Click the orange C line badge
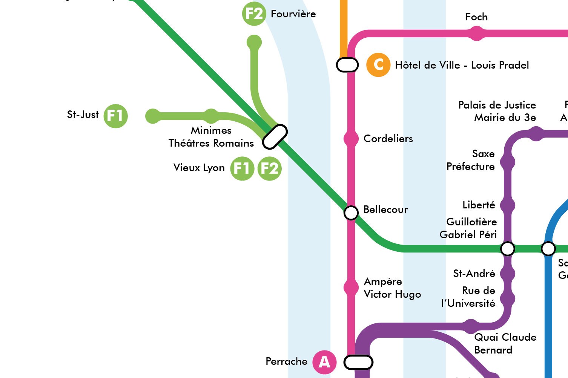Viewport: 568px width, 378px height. [378, 65]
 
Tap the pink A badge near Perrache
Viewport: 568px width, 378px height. [324, 362]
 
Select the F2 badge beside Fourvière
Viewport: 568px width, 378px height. [254, 14]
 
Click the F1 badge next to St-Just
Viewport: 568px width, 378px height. [115, 116]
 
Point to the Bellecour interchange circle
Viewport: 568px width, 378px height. [351, 213]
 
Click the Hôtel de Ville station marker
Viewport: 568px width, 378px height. [347, 65]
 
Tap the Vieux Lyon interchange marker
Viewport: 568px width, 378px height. [275, 137]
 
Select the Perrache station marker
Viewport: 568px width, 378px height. [358, 362]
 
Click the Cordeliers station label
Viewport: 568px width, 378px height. [388, 139]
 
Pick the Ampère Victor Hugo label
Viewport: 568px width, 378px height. [392, 288]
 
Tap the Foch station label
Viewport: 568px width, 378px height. [476, 17]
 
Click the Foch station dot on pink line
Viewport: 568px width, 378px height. [477, 34]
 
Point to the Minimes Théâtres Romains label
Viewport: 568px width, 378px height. [211, 137]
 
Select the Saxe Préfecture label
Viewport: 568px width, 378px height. [470, 160]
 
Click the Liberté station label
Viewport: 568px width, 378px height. [479, 205]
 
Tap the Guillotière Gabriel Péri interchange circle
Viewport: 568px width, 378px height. [507, 249]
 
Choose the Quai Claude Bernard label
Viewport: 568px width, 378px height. [505, 343]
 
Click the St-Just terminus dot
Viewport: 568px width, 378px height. [153, 116]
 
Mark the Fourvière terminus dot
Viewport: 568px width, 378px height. [254, 42]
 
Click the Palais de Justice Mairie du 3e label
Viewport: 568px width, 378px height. [497, 111]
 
